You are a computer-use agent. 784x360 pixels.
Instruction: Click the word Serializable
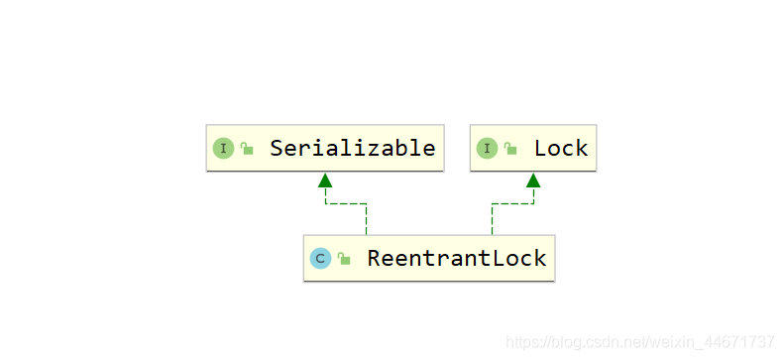(x=353, y=148)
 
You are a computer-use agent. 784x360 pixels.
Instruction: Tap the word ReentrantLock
(x=457, y=258)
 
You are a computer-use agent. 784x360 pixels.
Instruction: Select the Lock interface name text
(x=561, y=148)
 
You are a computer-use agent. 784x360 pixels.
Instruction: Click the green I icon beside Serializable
(x=223, y=149)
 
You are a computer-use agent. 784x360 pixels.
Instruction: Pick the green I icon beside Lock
(x=487, y=149)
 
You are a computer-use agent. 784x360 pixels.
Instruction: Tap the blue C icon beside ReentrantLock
(x=320, y=259)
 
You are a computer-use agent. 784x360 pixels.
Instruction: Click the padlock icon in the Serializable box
(x=247, y=148)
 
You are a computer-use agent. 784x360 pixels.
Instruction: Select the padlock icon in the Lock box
(x=510, y=148)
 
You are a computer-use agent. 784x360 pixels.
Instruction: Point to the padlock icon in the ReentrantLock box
(x=344, y=258)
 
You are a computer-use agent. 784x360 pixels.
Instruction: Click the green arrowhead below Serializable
(x=325, y=180)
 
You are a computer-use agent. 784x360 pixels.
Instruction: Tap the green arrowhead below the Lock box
(x=533, y=180)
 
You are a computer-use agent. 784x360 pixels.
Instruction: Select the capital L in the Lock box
(x=540, y=148)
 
